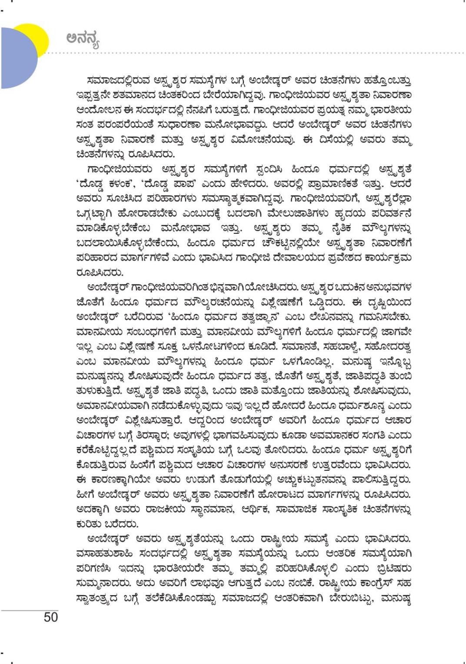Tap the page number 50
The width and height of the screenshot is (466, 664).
coord(50,617)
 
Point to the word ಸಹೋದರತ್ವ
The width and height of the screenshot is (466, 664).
coord(390,347)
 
